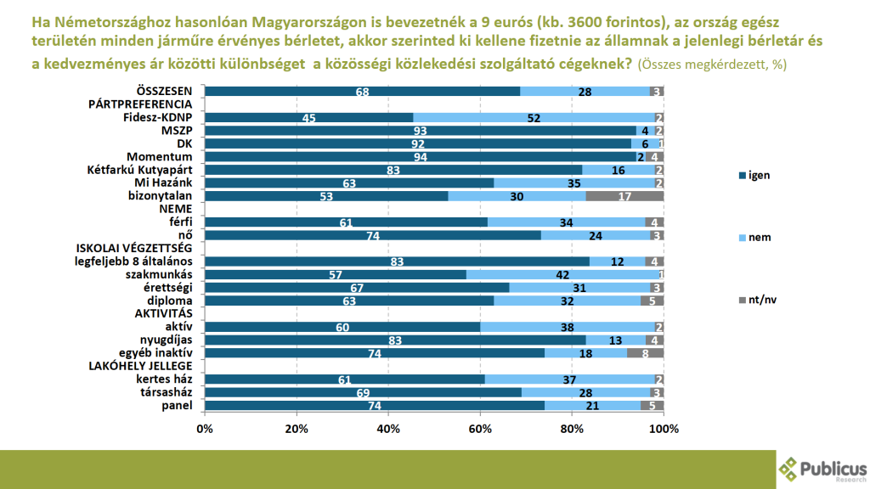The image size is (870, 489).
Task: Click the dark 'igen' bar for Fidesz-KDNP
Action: tap(308, 117)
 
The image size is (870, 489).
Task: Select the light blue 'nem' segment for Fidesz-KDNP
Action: tap(534, 117)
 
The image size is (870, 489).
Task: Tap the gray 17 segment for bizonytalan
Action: tap(624, 195)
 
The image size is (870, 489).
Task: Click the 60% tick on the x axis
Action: tap(480, 428)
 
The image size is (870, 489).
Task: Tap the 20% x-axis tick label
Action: tap(297, 428)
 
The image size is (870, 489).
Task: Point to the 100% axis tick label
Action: tap(663, 428)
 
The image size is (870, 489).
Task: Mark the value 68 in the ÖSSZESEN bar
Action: tap(362, 91)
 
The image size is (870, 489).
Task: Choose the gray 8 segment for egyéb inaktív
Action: tap(646, 352)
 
